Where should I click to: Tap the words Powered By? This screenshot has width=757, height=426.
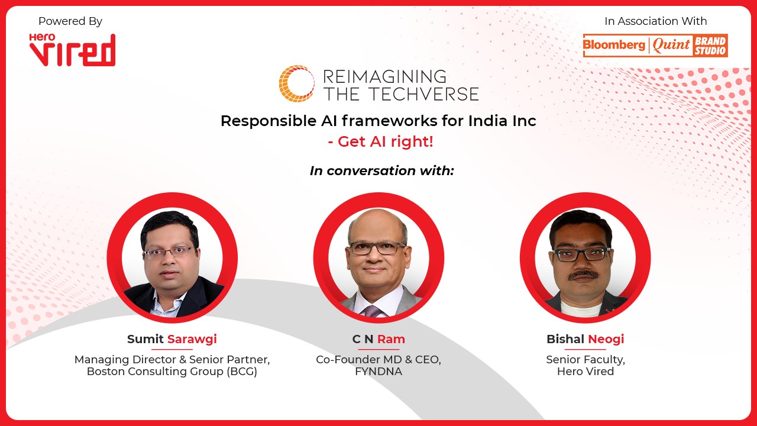tap(70, 21)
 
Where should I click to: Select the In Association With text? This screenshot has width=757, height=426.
tap(655, 21)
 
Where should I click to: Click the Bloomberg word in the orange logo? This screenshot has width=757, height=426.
tap(614, 46)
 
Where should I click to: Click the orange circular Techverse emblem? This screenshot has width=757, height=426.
tap(296, 83)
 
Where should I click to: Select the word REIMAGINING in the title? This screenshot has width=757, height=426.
tap(384, 76)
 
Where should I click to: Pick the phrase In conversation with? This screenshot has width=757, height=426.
tap(382, 171)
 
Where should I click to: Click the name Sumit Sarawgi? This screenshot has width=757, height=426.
tap(172, 339)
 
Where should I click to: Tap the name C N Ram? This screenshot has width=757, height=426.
tap(378, 339)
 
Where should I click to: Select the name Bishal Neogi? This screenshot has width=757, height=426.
tap(585, 339)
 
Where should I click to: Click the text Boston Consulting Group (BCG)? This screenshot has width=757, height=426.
tap(172, 372)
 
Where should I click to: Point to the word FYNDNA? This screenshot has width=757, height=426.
tap(378, 372)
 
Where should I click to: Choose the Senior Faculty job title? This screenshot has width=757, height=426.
tap(585, 360)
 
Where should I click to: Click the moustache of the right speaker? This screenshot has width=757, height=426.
tap(583, 275)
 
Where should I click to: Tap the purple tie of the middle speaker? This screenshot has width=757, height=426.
tap(372, 311)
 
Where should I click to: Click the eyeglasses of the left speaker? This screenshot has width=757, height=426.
tap(169, 252)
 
